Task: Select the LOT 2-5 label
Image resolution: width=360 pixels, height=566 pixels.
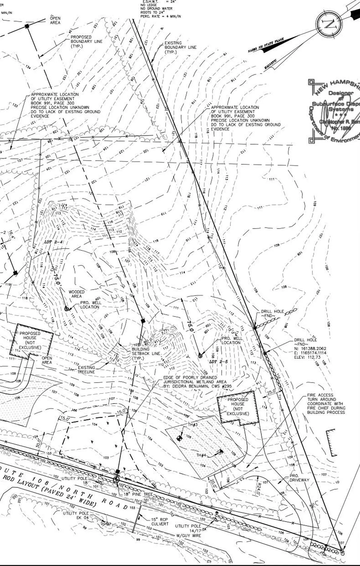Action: tap(217, 361)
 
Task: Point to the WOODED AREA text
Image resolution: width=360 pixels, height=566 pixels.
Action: tap(77, 294)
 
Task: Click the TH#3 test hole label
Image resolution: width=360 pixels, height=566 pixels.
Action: tap(193, 424)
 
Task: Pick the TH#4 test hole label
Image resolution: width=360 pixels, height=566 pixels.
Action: tap(201, 455)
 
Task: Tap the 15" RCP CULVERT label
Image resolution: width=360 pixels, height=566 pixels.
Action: tap(160, 521)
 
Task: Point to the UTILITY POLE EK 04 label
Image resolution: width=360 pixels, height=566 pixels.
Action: tap(76, 515)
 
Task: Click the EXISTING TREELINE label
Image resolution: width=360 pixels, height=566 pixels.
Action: tap(86, 370)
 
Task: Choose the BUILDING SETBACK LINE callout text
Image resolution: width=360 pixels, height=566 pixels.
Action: tap(146, 353)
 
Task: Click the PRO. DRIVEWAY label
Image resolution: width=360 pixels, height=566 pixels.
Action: tap(299, 478)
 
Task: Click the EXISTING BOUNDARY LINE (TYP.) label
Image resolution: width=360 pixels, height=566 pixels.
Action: tap(180, 47)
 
